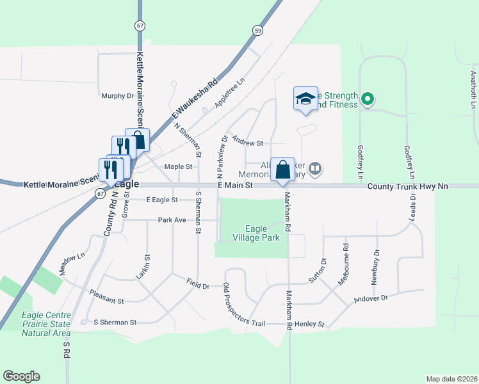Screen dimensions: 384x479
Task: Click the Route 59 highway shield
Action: (257, 30)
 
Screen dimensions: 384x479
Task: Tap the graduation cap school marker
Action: (305, 99)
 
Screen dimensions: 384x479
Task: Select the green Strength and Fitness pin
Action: (367, 99)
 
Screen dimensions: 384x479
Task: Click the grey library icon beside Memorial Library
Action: (314, 169)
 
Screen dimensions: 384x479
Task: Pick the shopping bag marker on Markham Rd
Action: (282, 170)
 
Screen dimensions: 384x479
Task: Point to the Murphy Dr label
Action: (117, 96)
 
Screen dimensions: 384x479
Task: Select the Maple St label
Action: (178, 166)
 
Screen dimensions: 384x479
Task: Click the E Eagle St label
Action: (161, 200)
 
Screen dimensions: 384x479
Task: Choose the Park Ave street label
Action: (172, 220)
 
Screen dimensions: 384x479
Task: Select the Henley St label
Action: (310, 324)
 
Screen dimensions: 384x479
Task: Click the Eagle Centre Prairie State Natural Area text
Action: (45, 324)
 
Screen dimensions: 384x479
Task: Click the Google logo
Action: (21, 376)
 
